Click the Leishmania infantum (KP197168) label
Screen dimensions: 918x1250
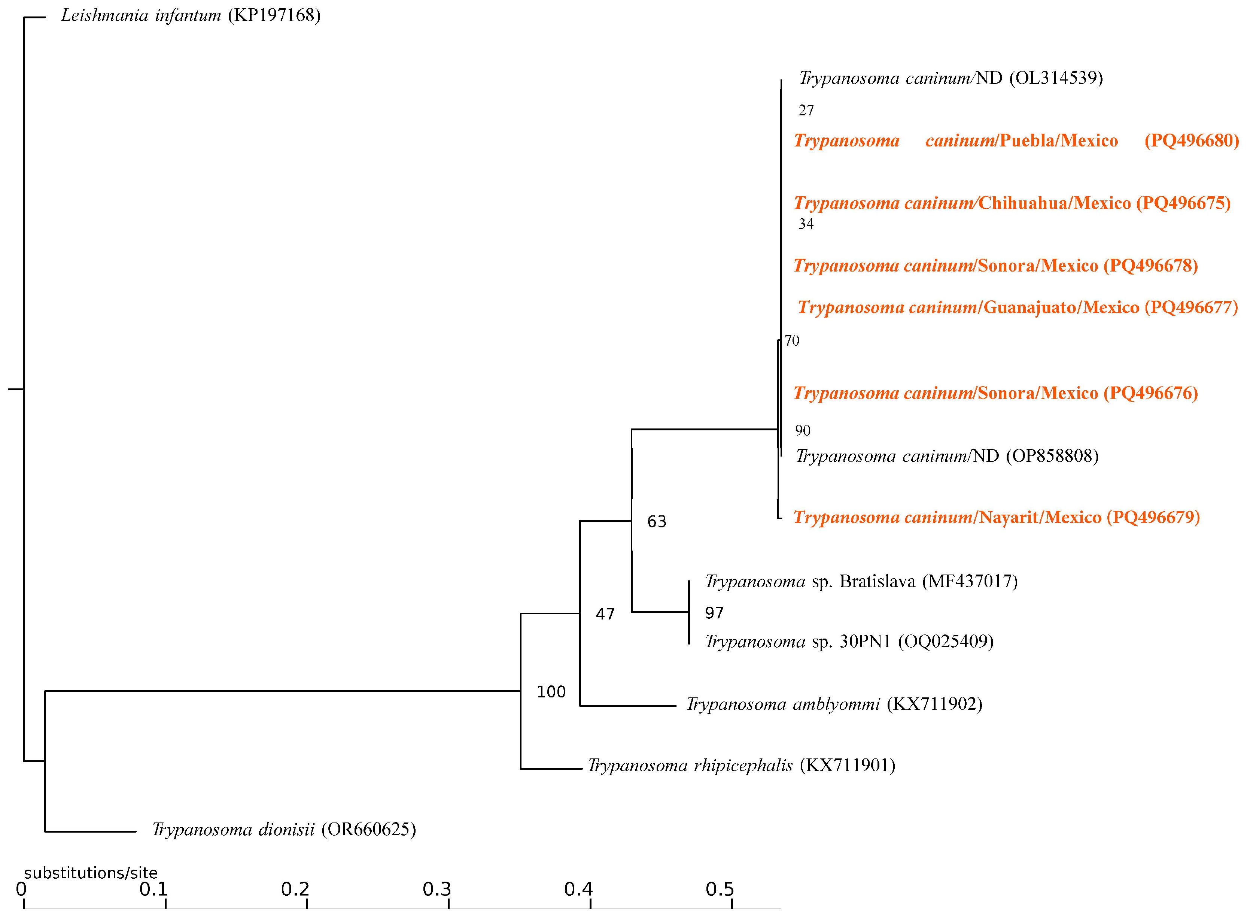(x=191, y=16)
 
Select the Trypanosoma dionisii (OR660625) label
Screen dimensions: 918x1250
(x=284, y=830)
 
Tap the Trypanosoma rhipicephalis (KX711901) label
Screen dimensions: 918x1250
(x=741, y=766)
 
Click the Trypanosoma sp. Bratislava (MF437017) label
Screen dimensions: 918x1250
(x=861, y=582)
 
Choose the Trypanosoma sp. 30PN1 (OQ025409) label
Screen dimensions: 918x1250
(x=849, y=642)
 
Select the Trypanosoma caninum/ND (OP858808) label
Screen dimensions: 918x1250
(x=947, y=456)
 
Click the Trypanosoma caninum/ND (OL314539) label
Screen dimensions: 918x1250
(x=951, y=78)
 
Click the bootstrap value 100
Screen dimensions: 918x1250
(x=551, y=692)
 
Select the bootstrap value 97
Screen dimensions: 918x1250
(x=714, y=613)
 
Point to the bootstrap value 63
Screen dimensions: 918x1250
(x=656, y=522)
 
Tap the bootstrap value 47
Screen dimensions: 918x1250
(x=605, y=614)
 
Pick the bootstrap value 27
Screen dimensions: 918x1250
(x=806, y=110)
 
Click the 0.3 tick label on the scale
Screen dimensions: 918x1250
(x=437, y=890)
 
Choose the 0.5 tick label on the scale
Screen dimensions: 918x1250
(x=720, y=890)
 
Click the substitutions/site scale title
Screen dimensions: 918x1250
(x=91, y=873)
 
